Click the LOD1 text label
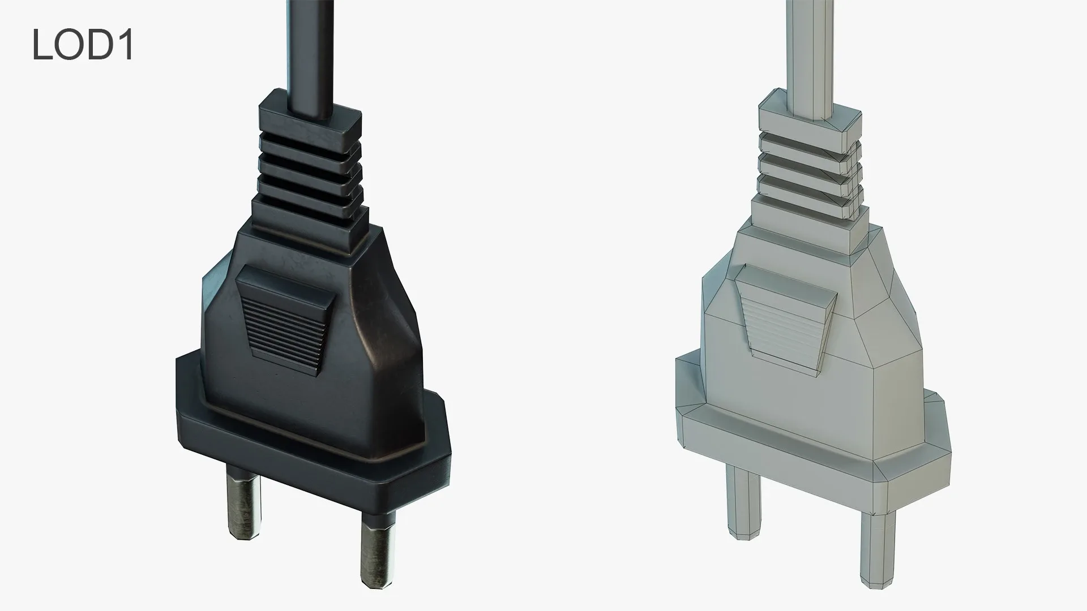point(83,45)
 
